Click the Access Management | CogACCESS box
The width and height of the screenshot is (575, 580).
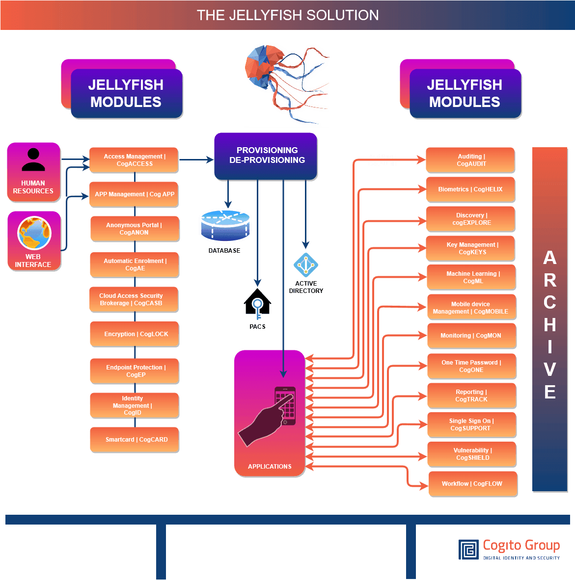pos(134,160)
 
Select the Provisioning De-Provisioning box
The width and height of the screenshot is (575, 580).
pos(266,156)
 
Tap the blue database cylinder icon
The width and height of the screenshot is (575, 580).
pos(225,225)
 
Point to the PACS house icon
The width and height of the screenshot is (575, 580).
pos(257,302)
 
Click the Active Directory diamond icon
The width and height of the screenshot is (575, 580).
pos(306,265)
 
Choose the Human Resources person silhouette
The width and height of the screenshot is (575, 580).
pos(33,160)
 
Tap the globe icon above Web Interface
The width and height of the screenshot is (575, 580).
pos(34,234)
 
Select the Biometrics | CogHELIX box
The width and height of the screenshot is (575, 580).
pos(470,189)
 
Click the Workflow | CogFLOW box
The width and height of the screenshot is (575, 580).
pos(472,484)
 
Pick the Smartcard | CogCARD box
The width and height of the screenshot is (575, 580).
pos(135,440)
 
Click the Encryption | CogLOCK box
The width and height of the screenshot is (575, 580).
pos(135,334)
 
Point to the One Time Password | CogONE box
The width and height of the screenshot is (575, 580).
pos(471,366)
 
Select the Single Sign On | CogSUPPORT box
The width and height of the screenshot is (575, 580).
pos(471,424)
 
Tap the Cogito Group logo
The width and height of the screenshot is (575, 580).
pos(509,549)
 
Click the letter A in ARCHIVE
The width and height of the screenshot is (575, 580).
pos(549,258)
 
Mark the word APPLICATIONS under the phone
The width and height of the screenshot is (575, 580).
pos(270,467)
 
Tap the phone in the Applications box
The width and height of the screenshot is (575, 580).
pos(285,406)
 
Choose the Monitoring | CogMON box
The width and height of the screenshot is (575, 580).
pos(471,336)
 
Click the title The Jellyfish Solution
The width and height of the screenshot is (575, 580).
pos(288,15)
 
